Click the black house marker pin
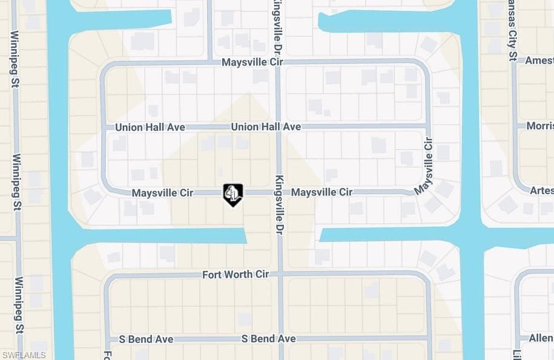(x=233, y=194)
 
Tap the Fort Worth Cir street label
(x=236, y=275)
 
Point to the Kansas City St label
(x=512, y=31)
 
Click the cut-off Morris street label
(x=539, y=126)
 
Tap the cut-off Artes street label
(x=541, y=191)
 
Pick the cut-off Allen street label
(x=541, y=338)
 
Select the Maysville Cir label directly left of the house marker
(x=162, y=193)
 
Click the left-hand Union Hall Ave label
(x=145, y=128)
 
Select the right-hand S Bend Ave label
(x=268, y=339)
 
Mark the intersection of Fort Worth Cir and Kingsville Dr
(x=279, y=275)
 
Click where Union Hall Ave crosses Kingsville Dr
(x=279, y=127)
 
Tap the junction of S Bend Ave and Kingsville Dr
(x=280, y=339)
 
